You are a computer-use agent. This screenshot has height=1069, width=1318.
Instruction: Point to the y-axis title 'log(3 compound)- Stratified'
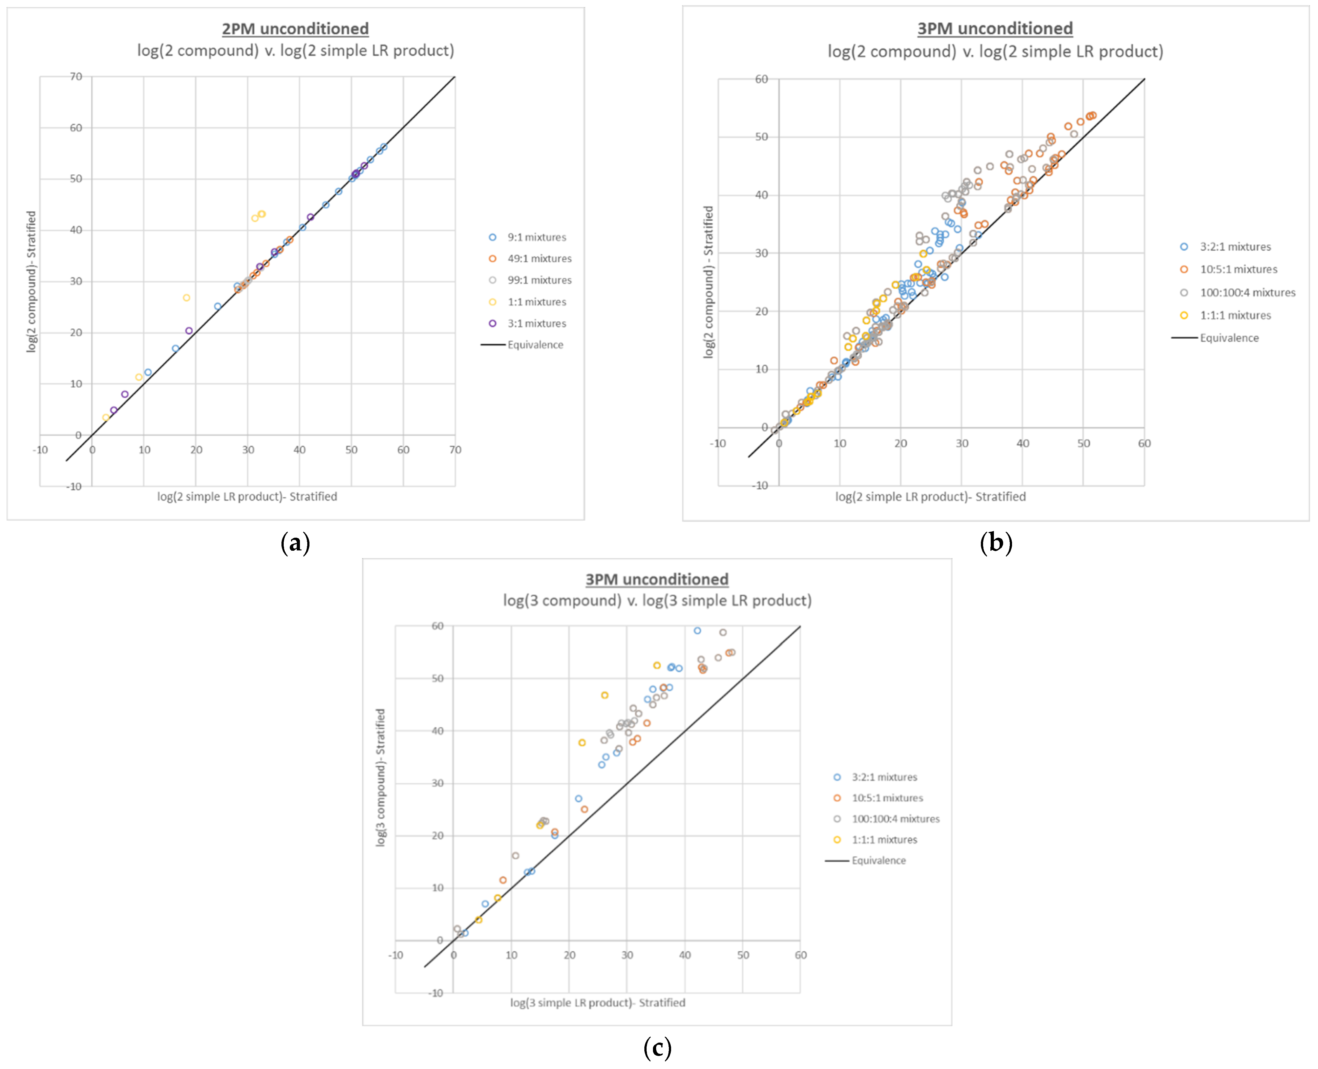pos(380,777)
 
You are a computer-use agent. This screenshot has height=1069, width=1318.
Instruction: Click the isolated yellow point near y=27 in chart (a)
pos(186,298)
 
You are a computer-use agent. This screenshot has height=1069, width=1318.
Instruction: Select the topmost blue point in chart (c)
pos(697,631)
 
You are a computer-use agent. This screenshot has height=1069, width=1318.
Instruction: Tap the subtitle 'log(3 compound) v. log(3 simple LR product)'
pos(657,600)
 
